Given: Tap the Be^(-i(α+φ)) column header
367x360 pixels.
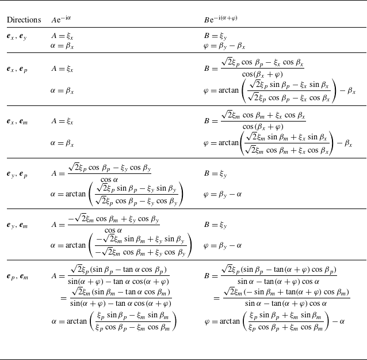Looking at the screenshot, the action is [x=221, y=20].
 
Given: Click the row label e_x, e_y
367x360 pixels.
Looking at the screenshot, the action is [x=17, y=36].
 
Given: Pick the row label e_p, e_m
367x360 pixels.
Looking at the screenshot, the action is [x=18, y=277].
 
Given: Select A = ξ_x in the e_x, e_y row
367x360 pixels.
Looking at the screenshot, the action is [x=62, y=36].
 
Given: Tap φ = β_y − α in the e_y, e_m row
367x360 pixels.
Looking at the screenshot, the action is [x=223, y=245].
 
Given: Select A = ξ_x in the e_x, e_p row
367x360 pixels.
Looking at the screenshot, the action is [x=62, y=69].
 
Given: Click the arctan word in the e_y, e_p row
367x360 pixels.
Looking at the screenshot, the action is [x=75, y=195].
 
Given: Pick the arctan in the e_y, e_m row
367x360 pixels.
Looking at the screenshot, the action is [x=75, y=245].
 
